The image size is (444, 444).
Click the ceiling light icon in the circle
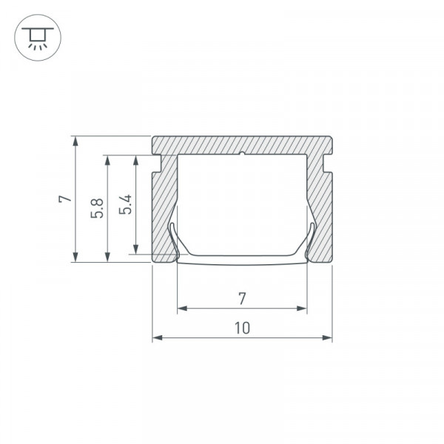[38, 38]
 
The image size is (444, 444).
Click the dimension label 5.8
[97, 208]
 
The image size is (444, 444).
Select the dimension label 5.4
[125, 204]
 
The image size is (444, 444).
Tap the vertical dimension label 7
[65, 198]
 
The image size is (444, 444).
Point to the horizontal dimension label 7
[242, 299]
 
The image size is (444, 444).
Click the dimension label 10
[243, 328]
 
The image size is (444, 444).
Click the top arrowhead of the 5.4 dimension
[136, 160]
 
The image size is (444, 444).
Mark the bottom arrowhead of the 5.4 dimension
[136, 249]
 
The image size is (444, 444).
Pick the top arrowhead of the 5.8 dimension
[107, 160]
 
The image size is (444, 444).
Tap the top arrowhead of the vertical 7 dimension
[75, 141]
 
